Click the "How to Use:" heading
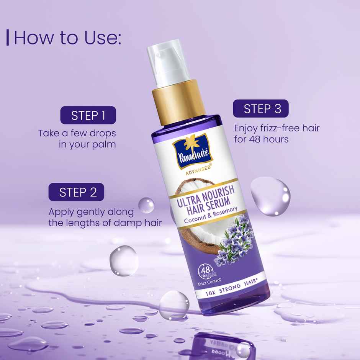[67, 38]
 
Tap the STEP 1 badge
[88, 115]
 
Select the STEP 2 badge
[76, 192]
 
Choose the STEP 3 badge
[261, 108]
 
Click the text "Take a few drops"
[77, 133]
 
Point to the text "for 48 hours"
[261, 139]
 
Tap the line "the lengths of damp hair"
[105, 223]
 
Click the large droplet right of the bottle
[270, 196]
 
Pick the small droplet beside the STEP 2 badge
[146, 205]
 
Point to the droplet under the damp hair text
[123, 260]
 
